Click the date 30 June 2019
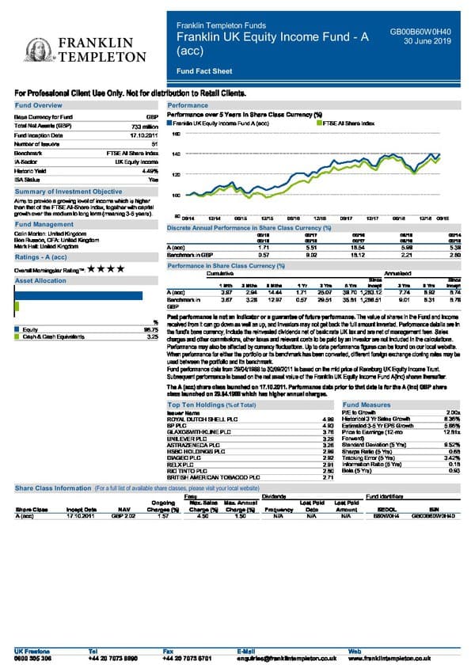(x=427, y=42)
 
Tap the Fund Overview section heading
(x=38, y=105)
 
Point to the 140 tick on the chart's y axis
(x=176, y=154)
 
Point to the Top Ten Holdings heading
(x=211, y=404)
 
